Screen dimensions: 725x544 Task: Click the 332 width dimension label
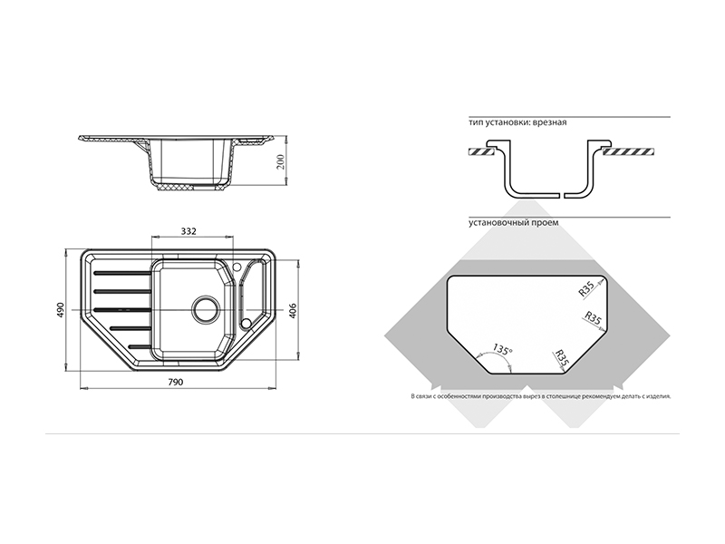pos(188,231)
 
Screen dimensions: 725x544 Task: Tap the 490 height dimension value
pos(61,309)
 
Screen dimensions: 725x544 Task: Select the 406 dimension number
pos(292,311)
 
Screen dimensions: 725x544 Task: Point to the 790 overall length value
pos(175,382)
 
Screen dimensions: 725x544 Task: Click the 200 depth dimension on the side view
pos(281,161)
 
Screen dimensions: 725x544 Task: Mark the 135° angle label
pos(502,349)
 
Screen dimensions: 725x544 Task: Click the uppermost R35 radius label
pos(586,289)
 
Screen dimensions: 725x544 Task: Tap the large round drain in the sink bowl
pos(207,309)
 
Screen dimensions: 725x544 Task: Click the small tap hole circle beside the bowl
pos(237,267)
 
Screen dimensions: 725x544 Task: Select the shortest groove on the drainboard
pos(140,346)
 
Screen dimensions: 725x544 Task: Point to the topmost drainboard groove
pos(122,274)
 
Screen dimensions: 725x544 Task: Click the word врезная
pos(549,122)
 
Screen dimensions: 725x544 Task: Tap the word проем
pos(547,222)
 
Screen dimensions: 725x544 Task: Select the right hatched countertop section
pos(628,151)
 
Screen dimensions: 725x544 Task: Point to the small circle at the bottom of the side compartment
pos(246,323)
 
